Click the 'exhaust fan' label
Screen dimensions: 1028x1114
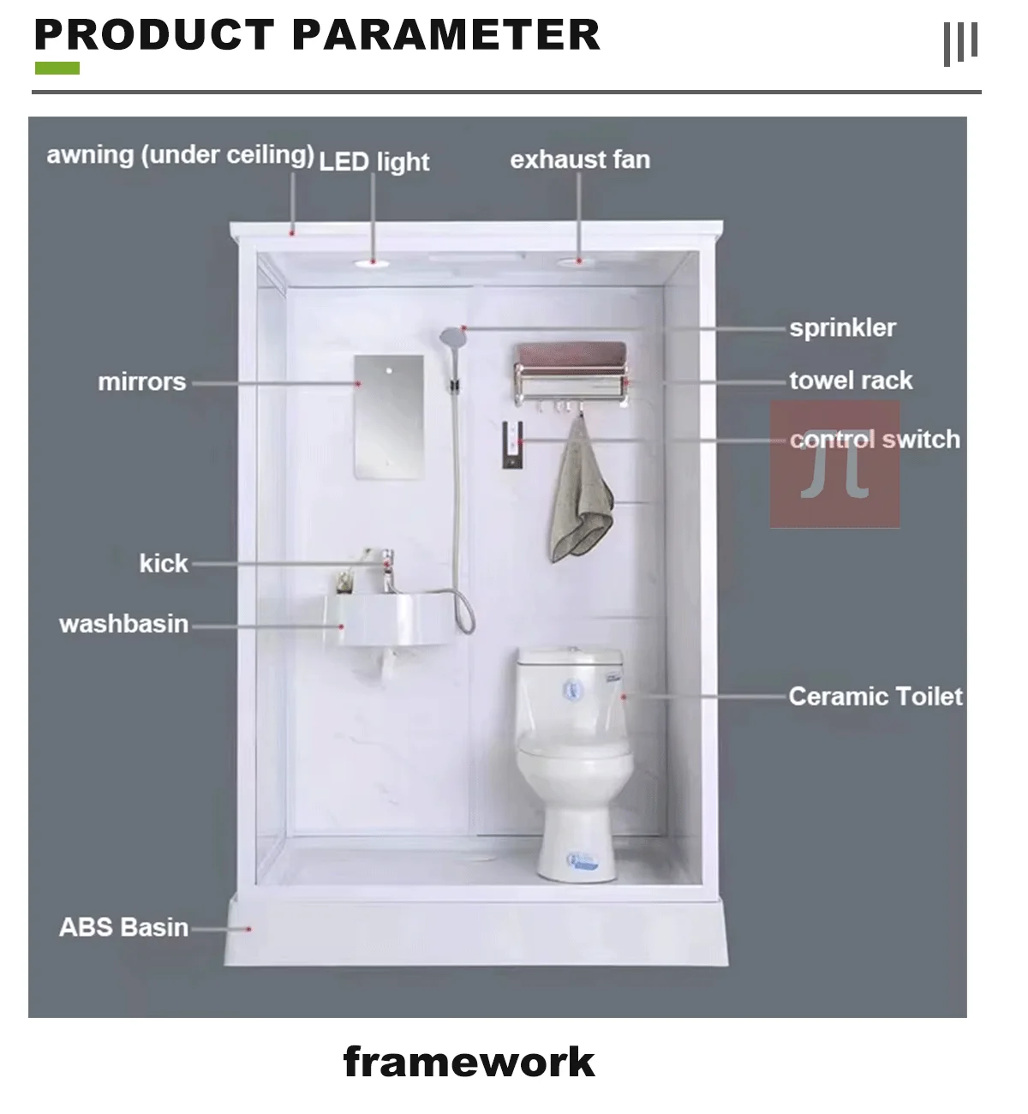pyautogui.click(x=580, y=160)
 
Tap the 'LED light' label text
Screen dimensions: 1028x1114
pyautogui.click(x=374, y=162)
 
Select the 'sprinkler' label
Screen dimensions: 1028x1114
pyautogui.click(x=842, y=328)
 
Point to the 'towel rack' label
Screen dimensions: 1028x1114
pyautogui.click(x=851, y=380)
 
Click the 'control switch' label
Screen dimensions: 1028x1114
pyautogui.click(x=875, y=440)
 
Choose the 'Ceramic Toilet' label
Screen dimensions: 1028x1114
pyautogui.click(x=876, y=696)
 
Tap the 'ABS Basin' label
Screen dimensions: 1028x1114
pyautogui.click(x=123, y=927)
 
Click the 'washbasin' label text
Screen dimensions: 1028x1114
pyautogui.click(x=123, y=624)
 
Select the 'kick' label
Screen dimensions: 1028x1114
pyautogui.click(x=164, y=563)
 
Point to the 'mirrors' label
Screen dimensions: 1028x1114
pyautogui.click(x=141, y=381)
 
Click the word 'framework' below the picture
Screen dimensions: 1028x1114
pyautogui.click(x=469, y=1063)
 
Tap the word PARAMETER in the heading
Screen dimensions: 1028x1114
pyautogui.click(x=445, y=35)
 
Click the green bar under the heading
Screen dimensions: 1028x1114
pyautogui.click(x=57, y=68)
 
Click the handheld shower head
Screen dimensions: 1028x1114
pyautogui.click(x=451, y=338)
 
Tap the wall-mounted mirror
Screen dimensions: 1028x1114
pyautogui.click(x=389, y=416)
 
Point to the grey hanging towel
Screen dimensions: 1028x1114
pyautogui.click(x=580, y=497)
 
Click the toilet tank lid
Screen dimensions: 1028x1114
pyautogui.click(x=570, y=657)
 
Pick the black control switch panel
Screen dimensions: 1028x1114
pyautogui.click(x=511, y=444)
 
